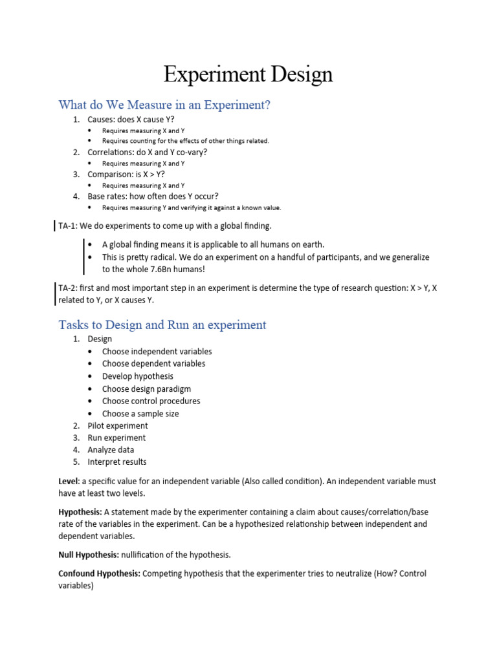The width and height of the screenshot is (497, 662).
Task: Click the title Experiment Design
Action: coord(248,74)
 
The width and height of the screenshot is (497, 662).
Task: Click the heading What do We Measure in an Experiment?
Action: coord(164,105)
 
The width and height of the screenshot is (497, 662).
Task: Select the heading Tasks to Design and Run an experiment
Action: coord(162,325)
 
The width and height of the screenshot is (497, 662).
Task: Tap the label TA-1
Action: coord(68,226)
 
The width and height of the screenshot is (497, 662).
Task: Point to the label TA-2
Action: coord(68,288)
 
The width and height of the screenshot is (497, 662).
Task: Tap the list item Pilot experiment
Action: coord(117,425)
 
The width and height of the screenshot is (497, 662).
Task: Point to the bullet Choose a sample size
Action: coord(140,414)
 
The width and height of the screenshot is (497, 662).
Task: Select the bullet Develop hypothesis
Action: coord(137,376)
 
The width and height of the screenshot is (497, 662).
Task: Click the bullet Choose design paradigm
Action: coord(146,389)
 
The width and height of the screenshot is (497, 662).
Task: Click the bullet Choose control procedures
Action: coord(151,401)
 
